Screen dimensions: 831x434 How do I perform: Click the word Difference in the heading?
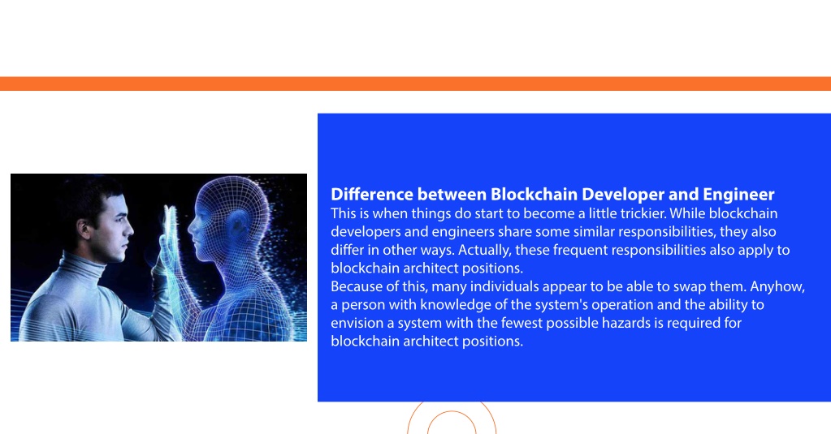coord(372,194)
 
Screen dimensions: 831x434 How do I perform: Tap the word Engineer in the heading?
coord(738,195)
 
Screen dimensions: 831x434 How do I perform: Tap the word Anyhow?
coord(777,287)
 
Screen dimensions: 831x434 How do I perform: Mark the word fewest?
coord(522,323)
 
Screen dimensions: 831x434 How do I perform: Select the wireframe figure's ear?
coord(238,226)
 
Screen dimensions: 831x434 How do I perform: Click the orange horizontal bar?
coord(416,84)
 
